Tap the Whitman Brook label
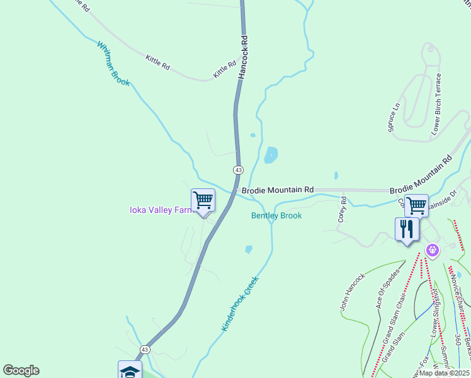113,64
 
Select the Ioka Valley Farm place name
161,210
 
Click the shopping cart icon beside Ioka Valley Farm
203,201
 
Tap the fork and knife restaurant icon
407,229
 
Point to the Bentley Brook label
276,215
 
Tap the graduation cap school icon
130,370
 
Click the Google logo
21,370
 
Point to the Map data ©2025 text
444,373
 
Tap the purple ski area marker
432,251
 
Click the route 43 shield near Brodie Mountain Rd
238,170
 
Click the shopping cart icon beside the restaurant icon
416,205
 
